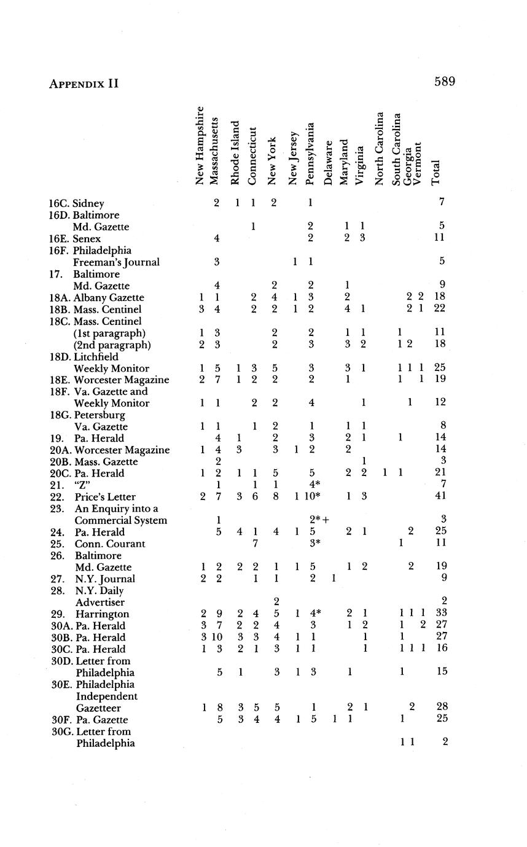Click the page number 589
point(444,82)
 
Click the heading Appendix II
point(84,84)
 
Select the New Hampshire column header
point(200,146)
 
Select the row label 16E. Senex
point(75,238)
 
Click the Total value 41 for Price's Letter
point(439,497)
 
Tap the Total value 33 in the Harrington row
point(439,614)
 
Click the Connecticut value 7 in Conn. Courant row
point(254,544)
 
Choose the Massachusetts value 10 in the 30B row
point(217,638)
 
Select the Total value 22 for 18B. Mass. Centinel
point(439,310)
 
